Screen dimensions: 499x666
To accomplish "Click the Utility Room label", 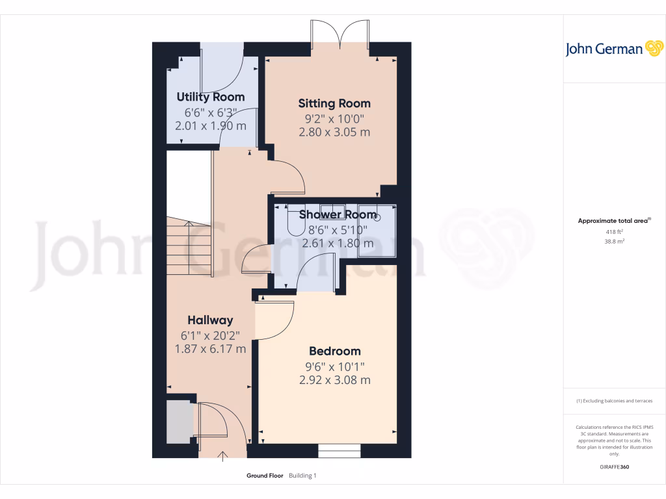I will coord(211,97).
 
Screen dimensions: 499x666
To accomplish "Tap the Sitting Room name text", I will coord(334,103).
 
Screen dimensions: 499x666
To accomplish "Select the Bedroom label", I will coord(334,352).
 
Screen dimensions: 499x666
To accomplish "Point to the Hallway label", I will coord(210,320).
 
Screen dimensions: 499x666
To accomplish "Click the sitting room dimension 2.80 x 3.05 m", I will coord(334,133).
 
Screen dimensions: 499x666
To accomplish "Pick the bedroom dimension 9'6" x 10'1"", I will coord(334,366).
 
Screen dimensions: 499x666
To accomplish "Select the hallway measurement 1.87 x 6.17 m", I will coord(210,349).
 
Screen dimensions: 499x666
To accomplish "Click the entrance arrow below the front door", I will coord(224,456).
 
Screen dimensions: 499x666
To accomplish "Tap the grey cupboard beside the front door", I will coord(178,419).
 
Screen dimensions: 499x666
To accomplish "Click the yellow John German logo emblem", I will coord(653,49).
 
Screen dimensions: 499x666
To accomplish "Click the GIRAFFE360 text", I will coord(615,467).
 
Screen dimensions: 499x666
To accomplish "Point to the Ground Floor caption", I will coord(265,476).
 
